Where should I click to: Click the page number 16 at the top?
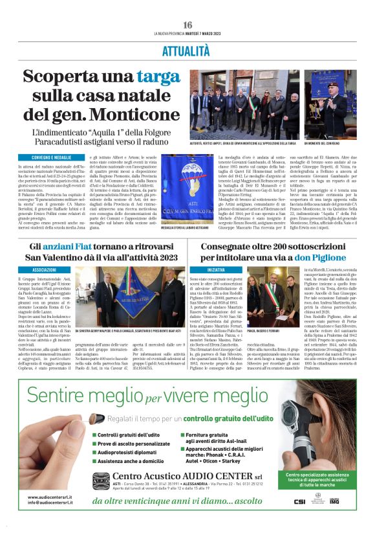tap(187, 25)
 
